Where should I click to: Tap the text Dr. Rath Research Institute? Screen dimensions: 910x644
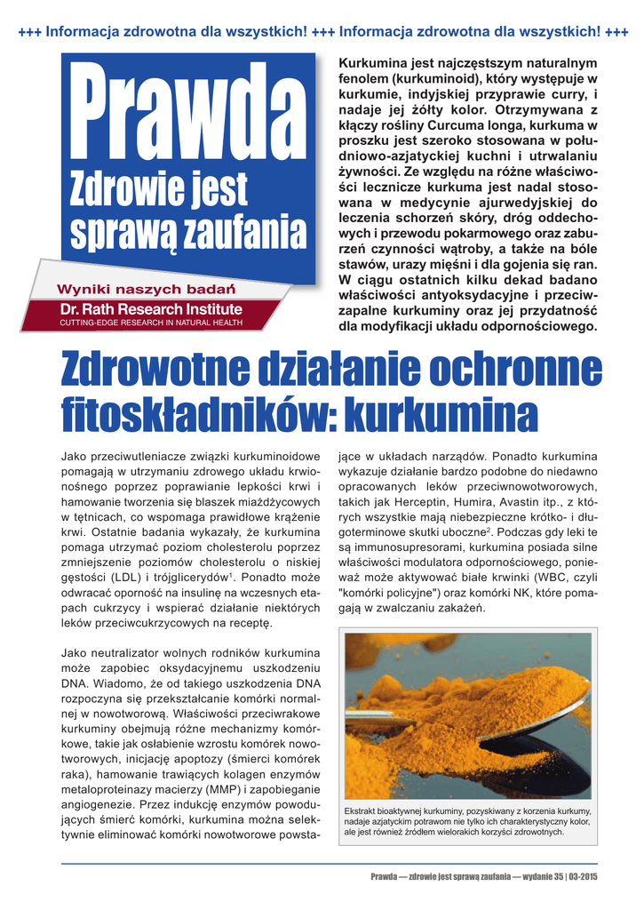point(150,309)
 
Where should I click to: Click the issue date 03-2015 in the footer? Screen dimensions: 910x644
point(584,877)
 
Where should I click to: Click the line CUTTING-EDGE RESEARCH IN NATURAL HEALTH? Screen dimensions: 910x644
point(150,323)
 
